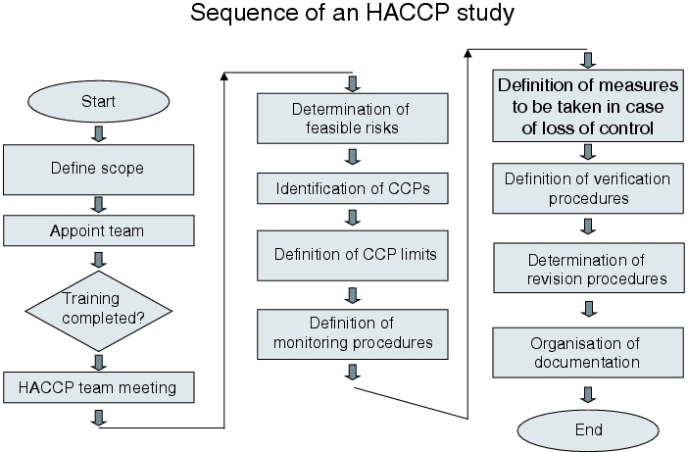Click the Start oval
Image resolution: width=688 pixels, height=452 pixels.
point(98,101)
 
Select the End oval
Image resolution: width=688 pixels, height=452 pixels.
point(588,430)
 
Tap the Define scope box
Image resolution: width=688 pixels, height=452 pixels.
point(98,170)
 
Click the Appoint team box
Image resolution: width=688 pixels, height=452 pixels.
point(98,230)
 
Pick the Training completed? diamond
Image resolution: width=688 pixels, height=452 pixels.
point(98,311)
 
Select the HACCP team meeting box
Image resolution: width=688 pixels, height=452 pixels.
point(98,387)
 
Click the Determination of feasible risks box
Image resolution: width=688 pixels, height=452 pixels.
point(353,119)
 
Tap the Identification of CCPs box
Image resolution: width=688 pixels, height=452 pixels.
point(353,188)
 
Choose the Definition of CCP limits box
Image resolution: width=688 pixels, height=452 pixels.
point(353,256)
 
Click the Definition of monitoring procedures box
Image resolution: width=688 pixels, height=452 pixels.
point(353,334)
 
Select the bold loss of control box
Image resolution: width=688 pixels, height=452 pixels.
point(588,106)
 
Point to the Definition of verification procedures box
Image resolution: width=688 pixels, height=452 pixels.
point(588,188)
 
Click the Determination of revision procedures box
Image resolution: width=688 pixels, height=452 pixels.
point(589,268)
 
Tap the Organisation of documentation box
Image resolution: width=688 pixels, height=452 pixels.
point(588,352)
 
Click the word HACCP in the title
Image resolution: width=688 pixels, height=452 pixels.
point(408,13)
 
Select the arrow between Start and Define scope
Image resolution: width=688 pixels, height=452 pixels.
point(99,134)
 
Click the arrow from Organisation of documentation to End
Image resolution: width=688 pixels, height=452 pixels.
point(588,394)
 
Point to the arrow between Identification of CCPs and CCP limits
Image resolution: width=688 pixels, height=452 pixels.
point(353,218)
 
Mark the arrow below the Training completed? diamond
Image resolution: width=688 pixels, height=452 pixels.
point(99,363)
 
